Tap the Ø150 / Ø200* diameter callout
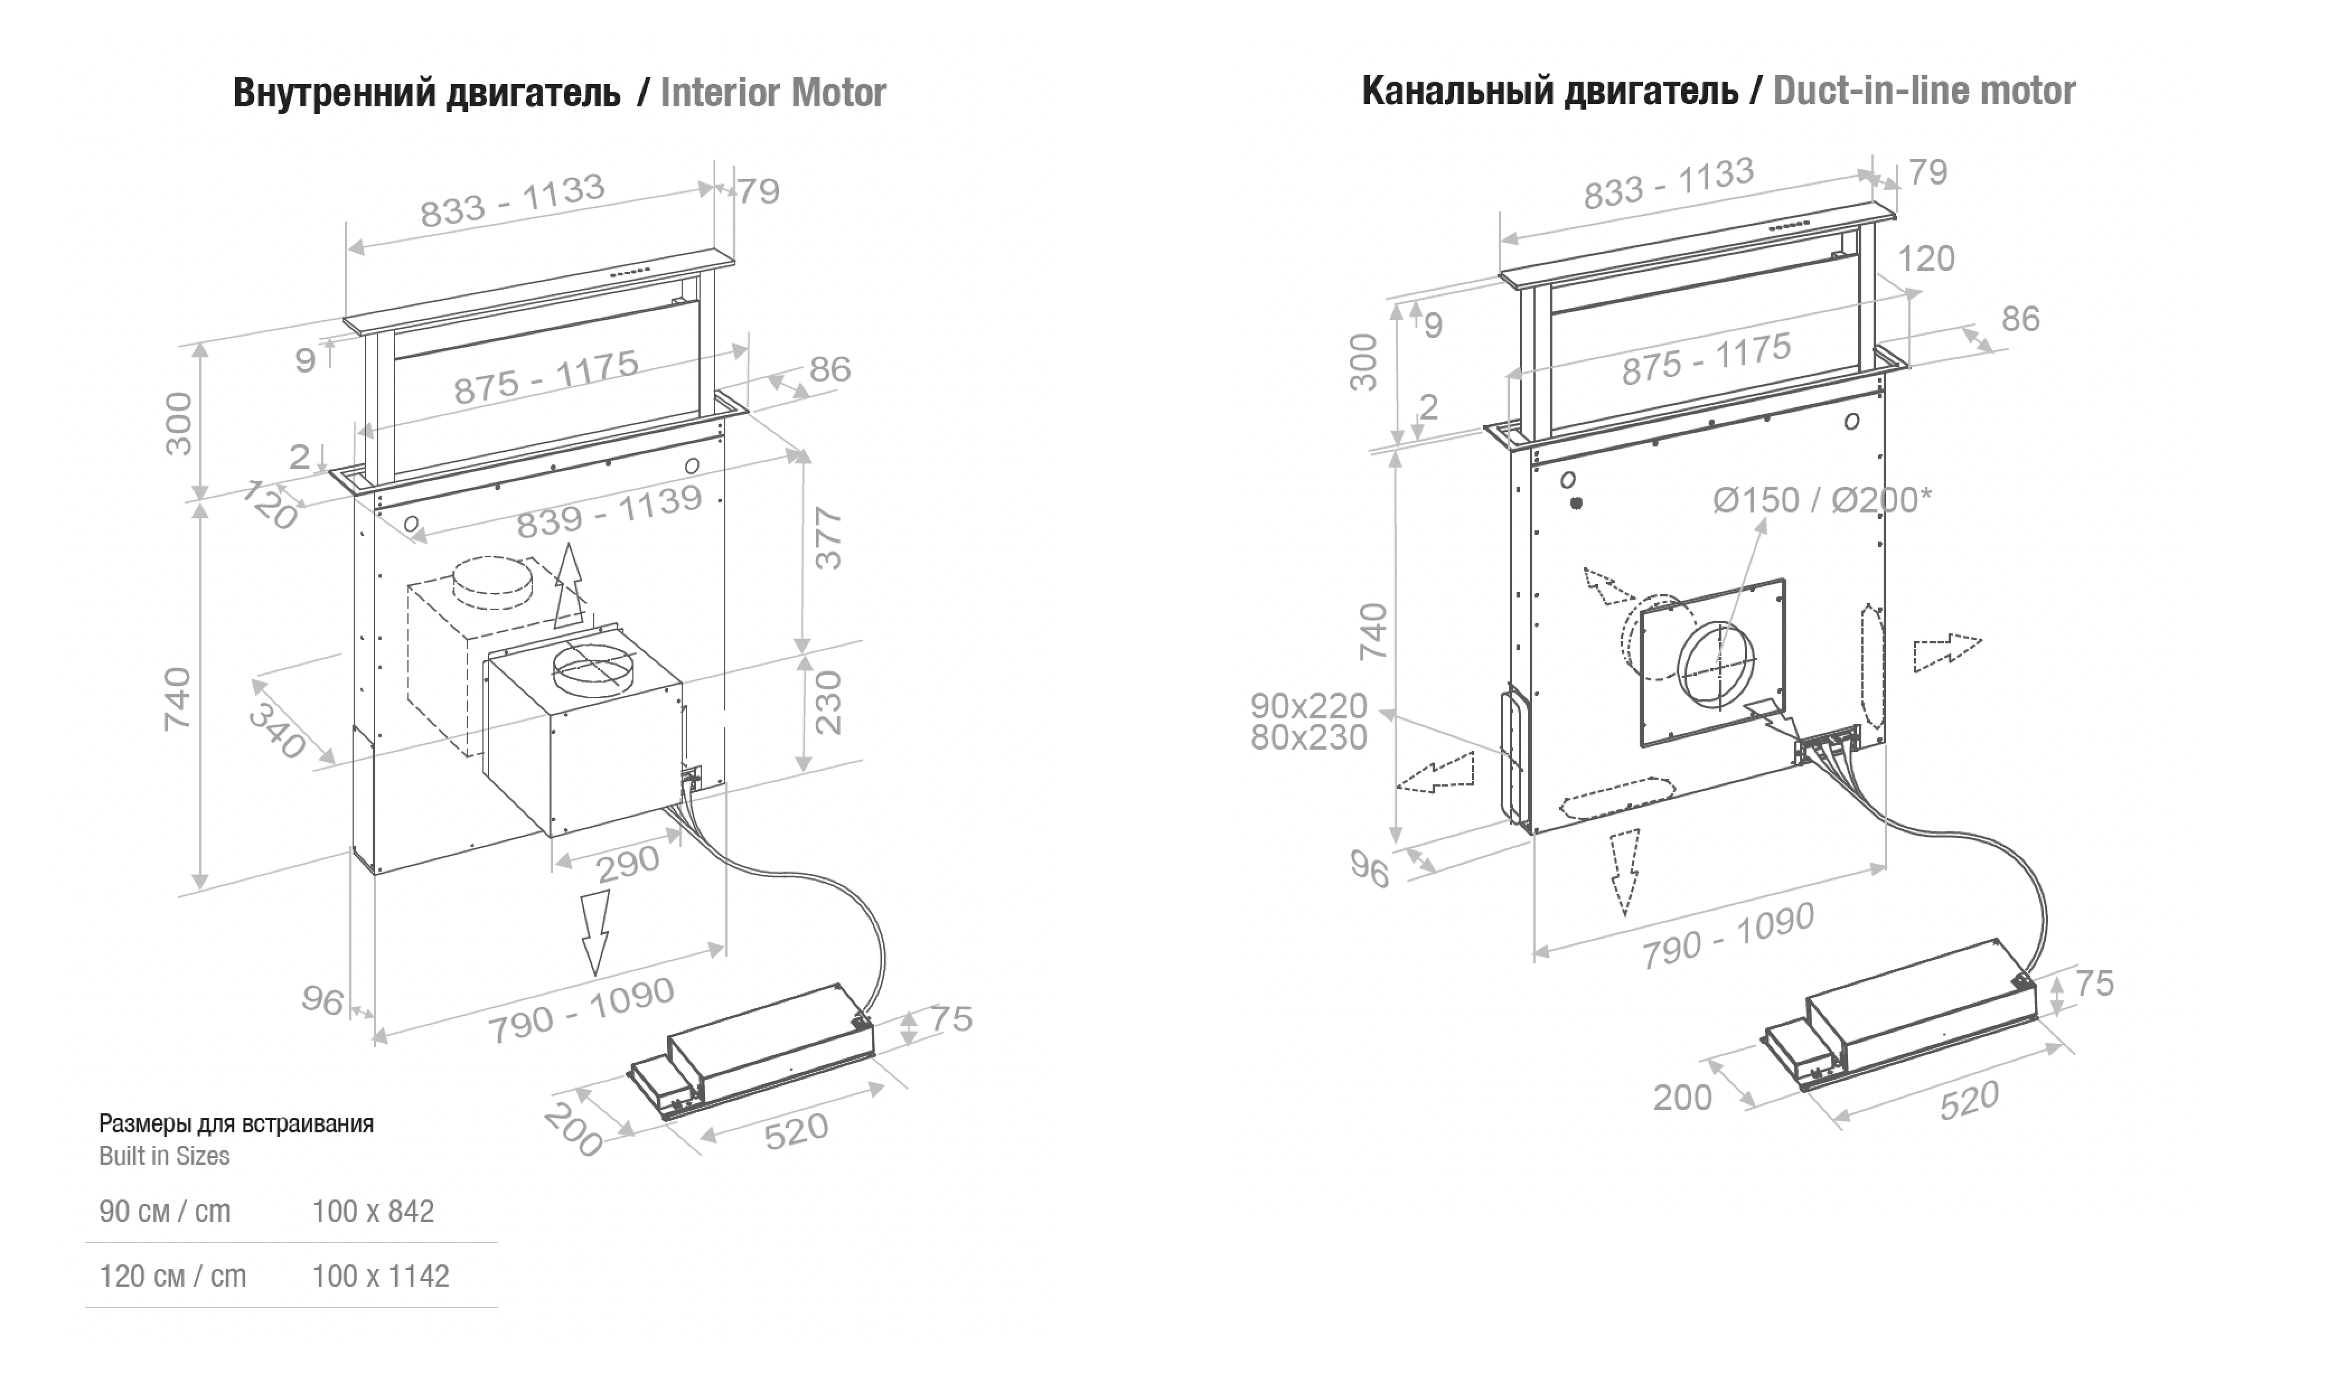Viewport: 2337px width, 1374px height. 1822,501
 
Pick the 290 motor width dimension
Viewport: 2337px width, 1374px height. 628,865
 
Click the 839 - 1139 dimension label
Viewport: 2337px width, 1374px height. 609,512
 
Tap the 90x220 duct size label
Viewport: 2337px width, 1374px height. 1308,707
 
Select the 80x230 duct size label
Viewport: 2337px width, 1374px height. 1308,738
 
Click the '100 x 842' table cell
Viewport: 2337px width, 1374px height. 373,1211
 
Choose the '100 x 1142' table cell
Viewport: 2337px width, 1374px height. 380,1276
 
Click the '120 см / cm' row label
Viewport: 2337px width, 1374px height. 172,1276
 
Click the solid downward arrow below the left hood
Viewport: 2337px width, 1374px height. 594,932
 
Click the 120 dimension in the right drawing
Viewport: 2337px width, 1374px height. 1926,258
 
